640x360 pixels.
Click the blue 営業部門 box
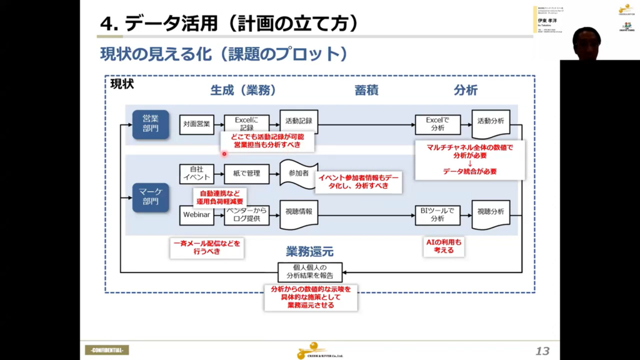click(151, 124)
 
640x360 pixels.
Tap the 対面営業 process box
click(197, 124)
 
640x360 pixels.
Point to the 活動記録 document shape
click(299, 121)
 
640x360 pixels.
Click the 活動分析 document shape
click(491, 121)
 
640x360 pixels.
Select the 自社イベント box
click(197, 173)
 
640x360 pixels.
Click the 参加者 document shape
click(295, 173)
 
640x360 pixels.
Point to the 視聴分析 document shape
click(491, 212)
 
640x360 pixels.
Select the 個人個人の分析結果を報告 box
click(310, 272)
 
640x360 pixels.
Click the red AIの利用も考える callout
click(443, 246)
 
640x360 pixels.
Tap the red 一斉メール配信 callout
click(206, 246)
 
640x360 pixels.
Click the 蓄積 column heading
click(367, 90)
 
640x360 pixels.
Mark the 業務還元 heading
click(310, 252)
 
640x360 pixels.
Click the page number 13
click(542, 351)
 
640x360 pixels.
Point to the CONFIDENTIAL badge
click(107, 350)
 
